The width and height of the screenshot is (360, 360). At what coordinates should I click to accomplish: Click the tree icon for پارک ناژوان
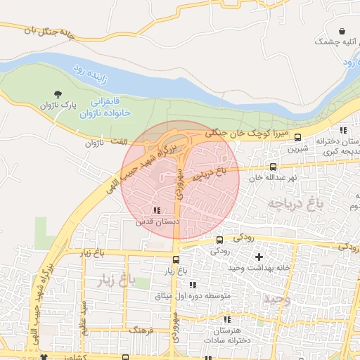(57, 94)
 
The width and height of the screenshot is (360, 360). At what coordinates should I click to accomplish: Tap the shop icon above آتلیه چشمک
(342, 32)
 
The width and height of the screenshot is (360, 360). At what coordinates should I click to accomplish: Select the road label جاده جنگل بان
(49, 32)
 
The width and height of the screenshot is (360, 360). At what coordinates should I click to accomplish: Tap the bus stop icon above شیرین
(298, 138)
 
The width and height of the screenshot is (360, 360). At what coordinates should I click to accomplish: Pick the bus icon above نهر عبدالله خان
(273, 167)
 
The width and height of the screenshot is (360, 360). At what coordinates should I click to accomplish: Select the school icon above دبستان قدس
(156, 210)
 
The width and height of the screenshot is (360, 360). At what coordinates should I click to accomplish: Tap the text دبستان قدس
(155, 221)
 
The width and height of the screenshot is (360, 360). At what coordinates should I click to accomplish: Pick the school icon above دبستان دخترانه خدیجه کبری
(343, 130)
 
